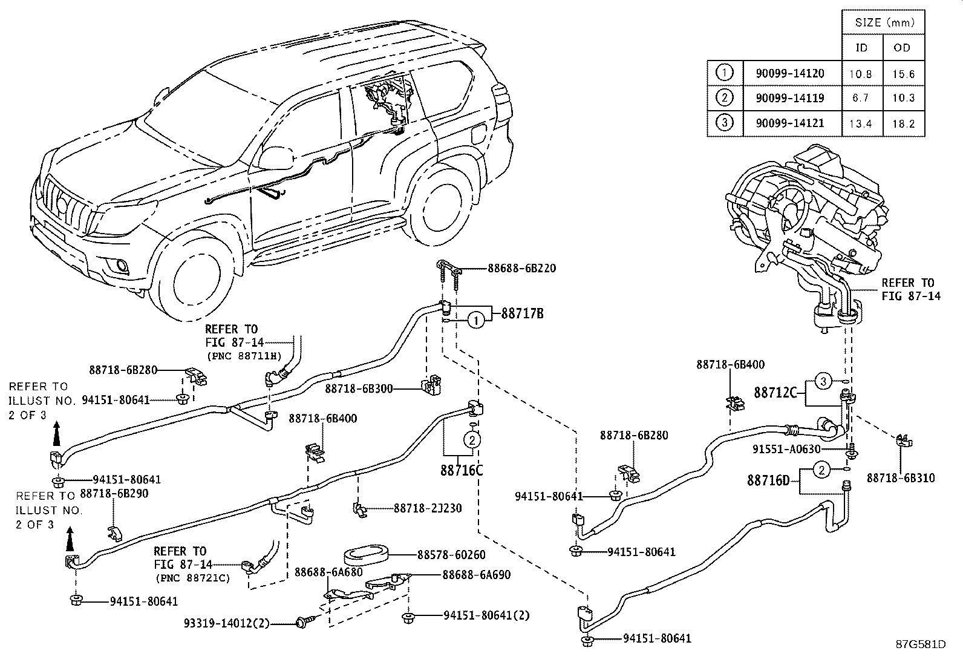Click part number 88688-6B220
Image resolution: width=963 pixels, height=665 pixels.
(521, 268)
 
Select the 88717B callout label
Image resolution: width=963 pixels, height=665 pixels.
(522, 313)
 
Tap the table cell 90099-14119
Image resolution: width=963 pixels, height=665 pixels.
(789, 98)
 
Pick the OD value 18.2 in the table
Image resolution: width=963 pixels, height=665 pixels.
(904, 124)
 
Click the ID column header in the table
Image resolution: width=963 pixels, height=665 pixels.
(862, 48)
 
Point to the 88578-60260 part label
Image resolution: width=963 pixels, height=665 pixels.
(451, 554)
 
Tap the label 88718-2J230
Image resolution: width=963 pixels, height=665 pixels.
(428, 508)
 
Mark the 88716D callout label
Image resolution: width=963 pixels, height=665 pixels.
(768, 480)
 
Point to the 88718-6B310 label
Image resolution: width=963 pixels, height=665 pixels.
(900, 478)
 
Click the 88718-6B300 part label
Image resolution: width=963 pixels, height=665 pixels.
(359, 388)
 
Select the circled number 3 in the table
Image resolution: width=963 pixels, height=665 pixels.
(724, 123)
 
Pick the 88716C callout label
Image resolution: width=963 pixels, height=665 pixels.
(462, 470)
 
